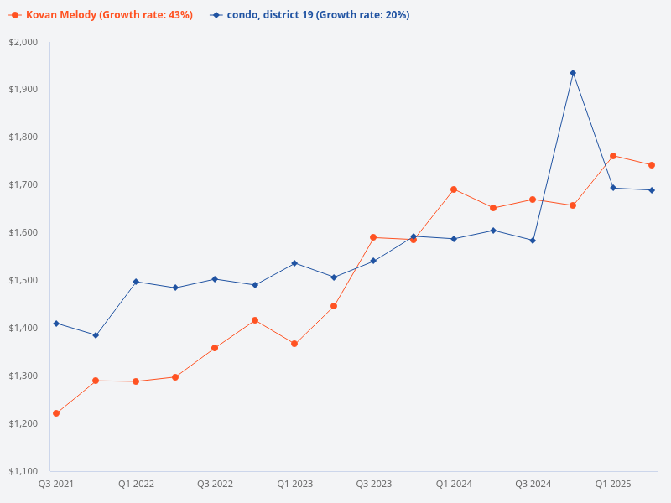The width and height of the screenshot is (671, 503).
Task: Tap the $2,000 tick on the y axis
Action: [23, 42]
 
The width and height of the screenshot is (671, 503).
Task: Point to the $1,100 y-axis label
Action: [23, 471]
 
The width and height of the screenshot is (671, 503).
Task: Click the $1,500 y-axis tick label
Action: [23, 280]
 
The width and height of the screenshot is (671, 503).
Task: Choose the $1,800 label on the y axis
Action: [23, 137]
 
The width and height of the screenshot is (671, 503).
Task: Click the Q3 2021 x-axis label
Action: [56, 485]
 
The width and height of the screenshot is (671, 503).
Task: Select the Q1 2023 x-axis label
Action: [294, 485]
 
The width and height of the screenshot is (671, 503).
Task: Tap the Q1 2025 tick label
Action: [613, 485]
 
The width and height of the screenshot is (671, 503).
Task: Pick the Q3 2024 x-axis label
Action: [533, 485]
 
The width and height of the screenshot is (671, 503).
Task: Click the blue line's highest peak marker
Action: [573, 73]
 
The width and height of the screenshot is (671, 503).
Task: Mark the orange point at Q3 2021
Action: [56, 413]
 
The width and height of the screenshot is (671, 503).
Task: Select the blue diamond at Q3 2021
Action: [56, 324]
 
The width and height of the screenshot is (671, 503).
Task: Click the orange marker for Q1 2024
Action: [454, 189]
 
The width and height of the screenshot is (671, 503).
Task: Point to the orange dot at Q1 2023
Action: [294, 344]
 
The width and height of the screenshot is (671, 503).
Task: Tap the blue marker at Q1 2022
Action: [136, 282]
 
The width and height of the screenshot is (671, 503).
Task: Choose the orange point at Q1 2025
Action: [613, 156]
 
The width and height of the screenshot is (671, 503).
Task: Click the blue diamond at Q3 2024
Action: [533, 241]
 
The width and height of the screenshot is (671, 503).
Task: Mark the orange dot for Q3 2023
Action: [374, 237]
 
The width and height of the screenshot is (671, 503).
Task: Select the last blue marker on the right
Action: [652, 190]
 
